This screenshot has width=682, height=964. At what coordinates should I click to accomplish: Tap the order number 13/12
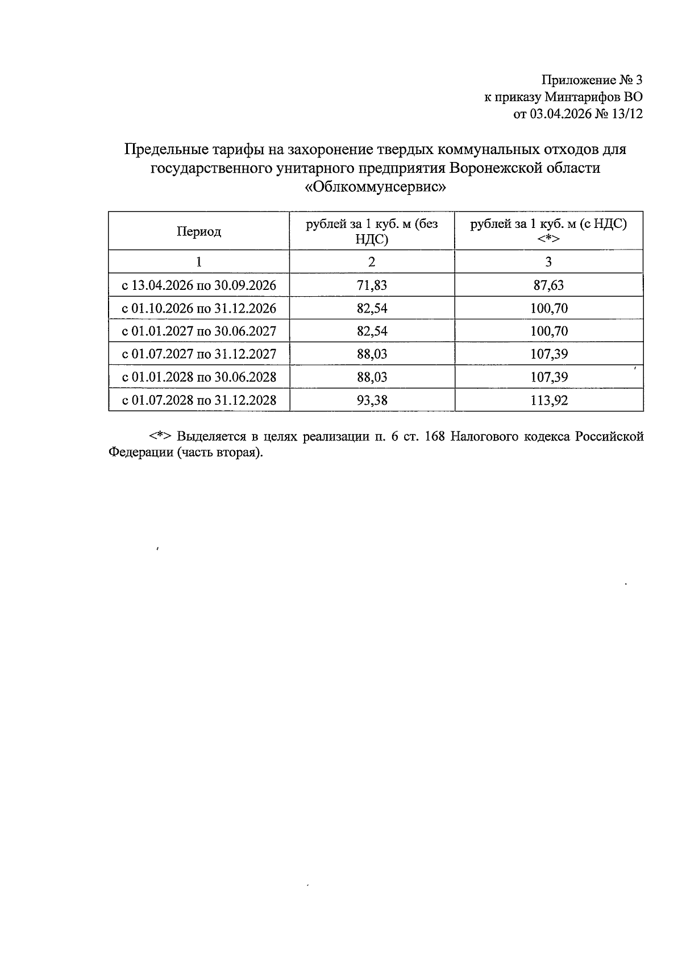[x=627, y=114]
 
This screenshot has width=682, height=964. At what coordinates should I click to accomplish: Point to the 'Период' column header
[x=198, y=231]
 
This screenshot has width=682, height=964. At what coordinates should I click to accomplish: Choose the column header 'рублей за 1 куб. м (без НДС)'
[x=372, y=231]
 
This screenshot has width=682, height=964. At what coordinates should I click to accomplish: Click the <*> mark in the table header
[x=548, y=239]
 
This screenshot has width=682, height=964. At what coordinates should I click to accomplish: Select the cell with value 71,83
[x=372, y=285]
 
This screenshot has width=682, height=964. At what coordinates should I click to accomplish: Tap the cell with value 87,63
[x=548, y=285]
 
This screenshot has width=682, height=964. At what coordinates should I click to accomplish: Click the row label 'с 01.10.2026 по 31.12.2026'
[x=199, y=309]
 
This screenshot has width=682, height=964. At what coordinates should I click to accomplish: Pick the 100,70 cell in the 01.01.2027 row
[x=548, y=331]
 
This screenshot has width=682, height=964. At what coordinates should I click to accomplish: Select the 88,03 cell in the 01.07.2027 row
[x=372, y=354]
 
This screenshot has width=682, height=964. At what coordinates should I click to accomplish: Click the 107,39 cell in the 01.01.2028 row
[x=548, y=377]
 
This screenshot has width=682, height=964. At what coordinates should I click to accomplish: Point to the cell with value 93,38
[x=372, y=400]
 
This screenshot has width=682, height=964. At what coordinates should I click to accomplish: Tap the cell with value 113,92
[x=548, y=400]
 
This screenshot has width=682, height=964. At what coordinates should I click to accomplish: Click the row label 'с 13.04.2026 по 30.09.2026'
[x=199, y=285]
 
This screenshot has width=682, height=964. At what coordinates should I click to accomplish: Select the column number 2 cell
[x=372, y=262]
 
